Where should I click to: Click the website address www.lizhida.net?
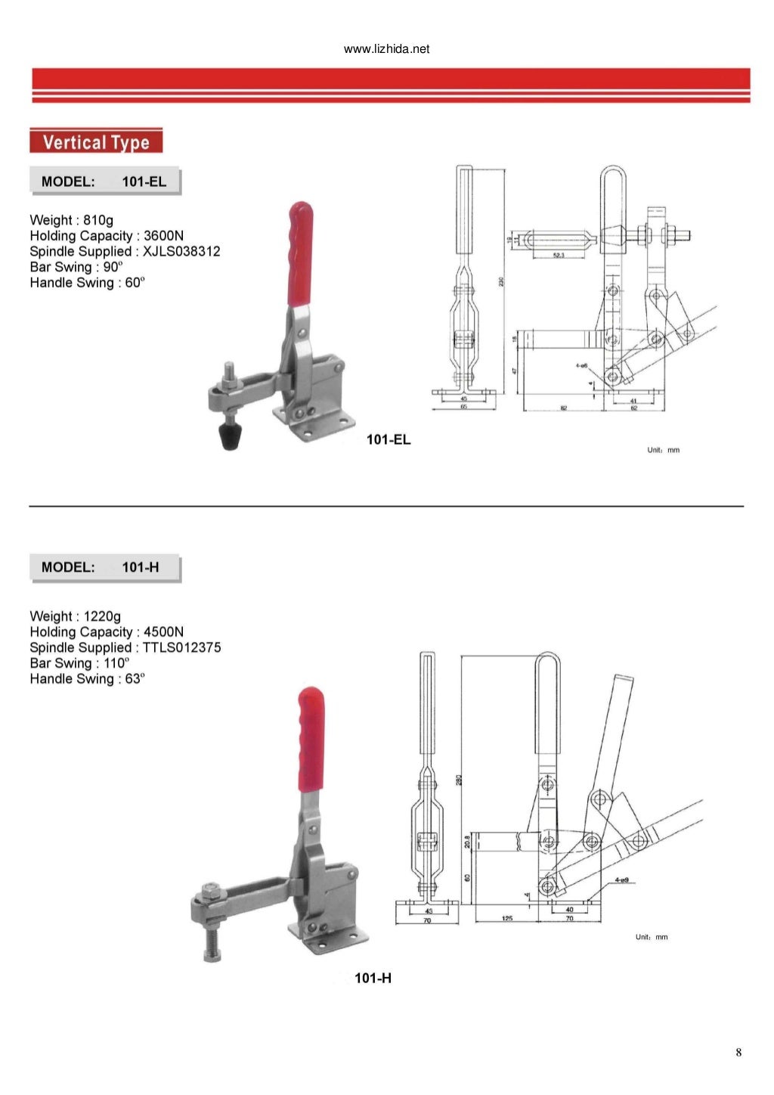pyautogui.click(x=386, y=49)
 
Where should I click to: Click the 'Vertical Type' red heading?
pyautogui.click(x=96, y=142)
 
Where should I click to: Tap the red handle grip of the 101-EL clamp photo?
pyautogui.click(x=300, y=253)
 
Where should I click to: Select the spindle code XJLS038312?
pyautogui.click(x=181, y=252)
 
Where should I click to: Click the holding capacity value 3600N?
pyautogui.click(x=163, y=236)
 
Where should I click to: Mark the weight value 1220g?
pyautogui.click(x=102, y=616)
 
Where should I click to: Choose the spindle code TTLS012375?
pyautogui.click(x=181, y=648)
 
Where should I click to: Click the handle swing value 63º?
pyautogui.click(x=134, y=679)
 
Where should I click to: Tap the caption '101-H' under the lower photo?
pyautogui.click(x=373, y=979)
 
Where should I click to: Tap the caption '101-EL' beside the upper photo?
pyautogui.click(x=388, y=440)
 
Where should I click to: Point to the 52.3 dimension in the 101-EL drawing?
pyautogui.click(x=558, y=256)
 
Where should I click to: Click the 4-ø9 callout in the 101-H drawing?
pyautogui.click(x=623, y=880)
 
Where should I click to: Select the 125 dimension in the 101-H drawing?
pyautogui.click(x=506, y=918)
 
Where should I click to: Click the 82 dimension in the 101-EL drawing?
pyautogui.click(x=563, y=408)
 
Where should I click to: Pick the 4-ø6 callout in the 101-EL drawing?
pyautogui.click(x=581, y=365)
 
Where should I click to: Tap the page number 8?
pyautogui.click(x=738, y=1053)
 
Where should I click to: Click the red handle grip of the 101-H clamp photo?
pyautogui.click(x=311, y=737)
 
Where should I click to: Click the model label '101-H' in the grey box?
pyautogui.click(x=141, y=567)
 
